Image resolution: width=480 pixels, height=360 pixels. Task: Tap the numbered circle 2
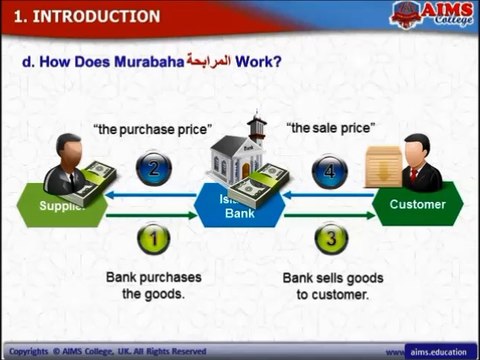pos(154,167)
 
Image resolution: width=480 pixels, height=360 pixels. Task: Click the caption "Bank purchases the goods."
pos(154,285)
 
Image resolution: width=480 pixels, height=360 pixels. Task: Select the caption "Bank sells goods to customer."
pos(333,285)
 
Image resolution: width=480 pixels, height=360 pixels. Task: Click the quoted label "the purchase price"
pos(152,129)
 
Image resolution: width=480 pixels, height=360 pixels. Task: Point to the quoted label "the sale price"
pos(330,128)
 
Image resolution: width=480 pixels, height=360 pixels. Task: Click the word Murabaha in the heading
pos(151,62)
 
